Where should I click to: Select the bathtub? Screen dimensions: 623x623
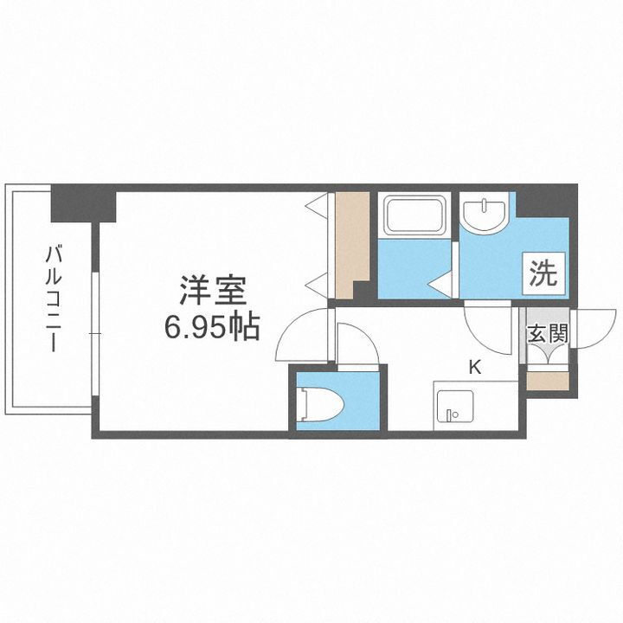tap(415, 214)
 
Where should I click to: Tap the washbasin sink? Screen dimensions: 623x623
tap(485, 215)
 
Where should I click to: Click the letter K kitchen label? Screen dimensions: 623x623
tap(474, 367)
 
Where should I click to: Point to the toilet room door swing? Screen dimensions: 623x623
tap(356, 346)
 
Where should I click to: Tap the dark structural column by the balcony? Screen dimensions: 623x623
tap(82, 204)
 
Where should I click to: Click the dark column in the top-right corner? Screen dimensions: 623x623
tap(544, 201)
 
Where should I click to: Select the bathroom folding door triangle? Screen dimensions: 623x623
tap(441, 281)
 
